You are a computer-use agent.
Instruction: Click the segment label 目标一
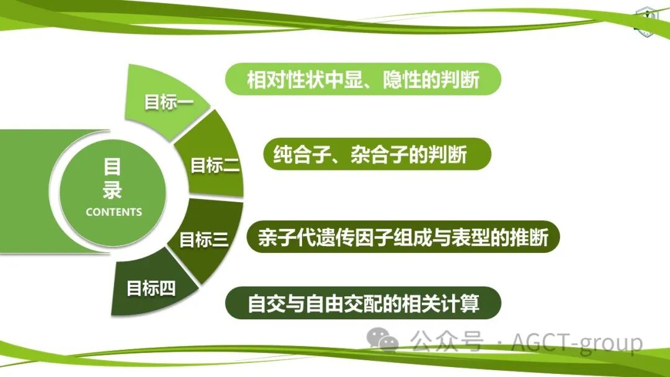point(169,102)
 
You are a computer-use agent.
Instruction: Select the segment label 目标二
point(215,166)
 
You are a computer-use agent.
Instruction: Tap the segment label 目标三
point(204,239)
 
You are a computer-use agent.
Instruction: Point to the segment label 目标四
point(151,288)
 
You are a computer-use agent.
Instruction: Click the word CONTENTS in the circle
point(114,212)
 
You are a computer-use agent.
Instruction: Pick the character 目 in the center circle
point(112,167)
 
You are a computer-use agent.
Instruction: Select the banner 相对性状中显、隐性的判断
point(363,79)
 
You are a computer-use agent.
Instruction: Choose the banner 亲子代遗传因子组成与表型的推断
point(403,238)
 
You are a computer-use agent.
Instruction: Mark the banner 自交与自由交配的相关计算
point(363,303)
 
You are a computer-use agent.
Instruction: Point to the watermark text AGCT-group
point(577,342)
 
